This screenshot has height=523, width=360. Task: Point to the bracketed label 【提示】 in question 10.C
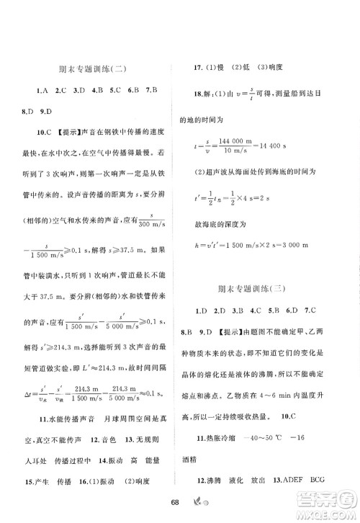(x=62, y=132)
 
